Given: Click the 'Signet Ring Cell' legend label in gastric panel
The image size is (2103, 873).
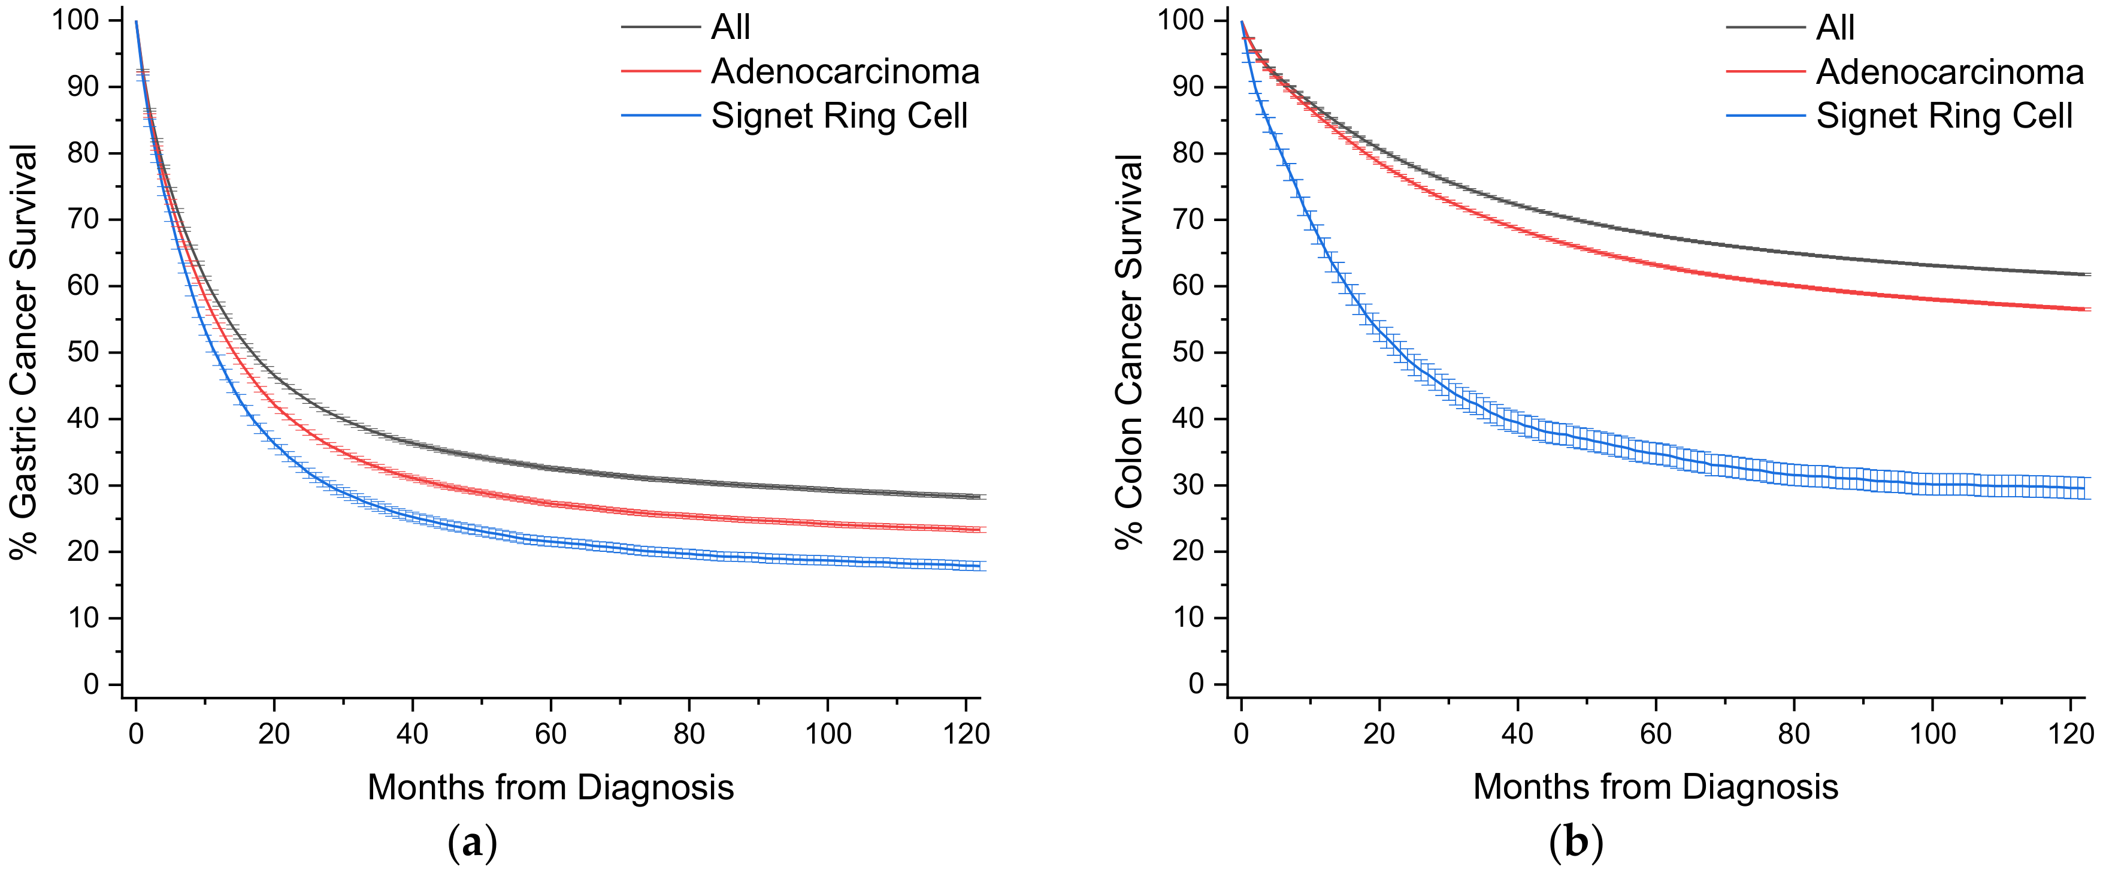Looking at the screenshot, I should tap(839, 116).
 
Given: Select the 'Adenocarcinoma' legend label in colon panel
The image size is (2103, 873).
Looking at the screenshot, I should tap(1950, 72).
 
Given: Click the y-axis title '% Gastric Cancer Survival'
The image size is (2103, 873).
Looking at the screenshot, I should tap(25, 351).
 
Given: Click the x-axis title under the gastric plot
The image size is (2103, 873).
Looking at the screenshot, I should tap(550, 787).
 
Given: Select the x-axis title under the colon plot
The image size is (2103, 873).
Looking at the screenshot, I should tap(1656, 787).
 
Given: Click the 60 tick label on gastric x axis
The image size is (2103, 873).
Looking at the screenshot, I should tap(550, 733).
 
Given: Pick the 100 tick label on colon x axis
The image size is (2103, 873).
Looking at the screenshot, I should tap(1932, 733).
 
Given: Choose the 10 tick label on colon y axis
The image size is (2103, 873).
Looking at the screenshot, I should tap(1188, 617).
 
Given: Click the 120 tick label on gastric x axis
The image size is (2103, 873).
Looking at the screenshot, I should tap(967, 733).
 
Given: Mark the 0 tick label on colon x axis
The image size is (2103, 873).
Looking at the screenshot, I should tap(1241, 733).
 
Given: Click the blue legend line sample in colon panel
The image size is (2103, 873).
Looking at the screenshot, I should tap(1765, 116).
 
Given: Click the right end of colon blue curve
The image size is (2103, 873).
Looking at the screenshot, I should tap(2084, 488).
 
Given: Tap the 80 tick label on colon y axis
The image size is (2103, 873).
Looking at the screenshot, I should tap(1188, 153).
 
